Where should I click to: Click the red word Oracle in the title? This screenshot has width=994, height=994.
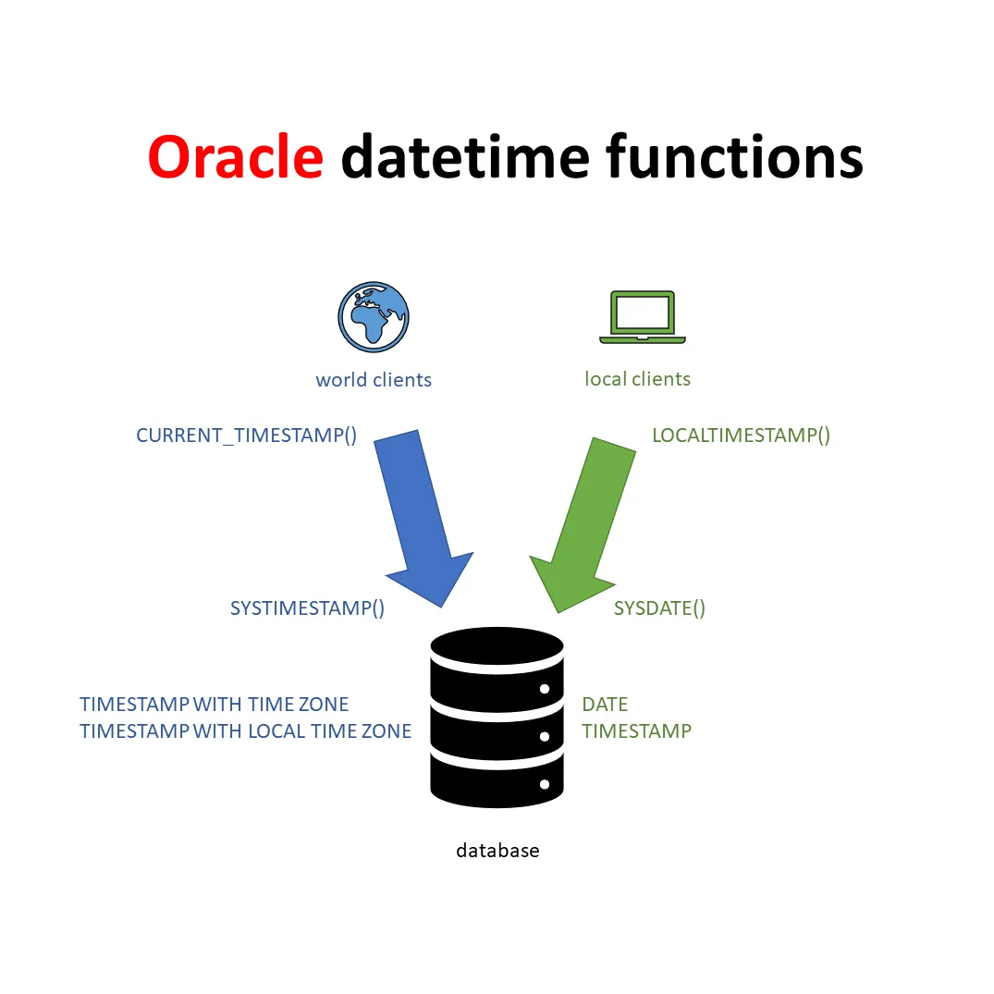[236, 157]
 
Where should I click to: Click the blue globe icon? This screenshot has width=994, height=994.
[374, 317]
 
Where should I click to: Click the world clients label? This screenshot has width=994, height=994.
[374, 380]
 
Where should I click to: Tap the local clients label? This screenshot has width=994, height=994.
[637, 379]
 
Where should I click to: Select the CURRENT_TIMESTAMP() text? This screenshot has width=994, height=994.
[246, 436]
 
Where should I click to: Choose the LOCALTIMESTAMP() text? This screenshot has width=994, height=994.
[741, 436]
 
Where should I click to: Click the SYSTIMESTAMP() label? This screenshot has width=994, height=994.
[307, 608]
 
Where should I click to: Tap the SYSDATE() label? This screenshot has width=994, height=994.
[659, 608]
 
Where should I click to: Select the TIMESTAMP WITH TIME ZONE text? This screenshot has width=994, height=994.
[215, 705]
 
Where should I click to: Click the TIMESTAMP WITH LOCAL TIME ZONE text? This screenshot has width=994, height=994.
[245, 731]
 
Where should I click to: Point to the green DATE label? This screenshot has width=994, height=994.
[605, 705]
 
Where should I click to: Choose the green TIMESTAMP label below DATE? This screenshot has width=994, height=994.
[636, 731]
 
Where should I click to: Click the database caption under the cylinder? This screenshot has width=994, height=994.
[497, 851]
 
